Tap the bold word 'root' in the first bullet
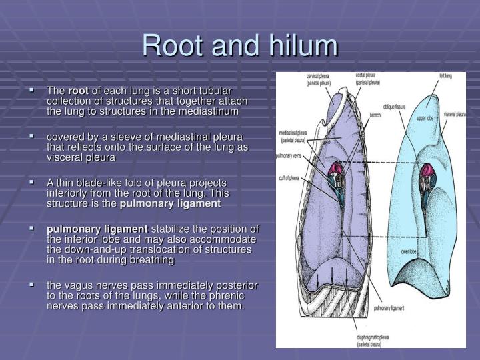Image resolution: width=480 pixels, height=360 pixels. click(78, 91)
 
